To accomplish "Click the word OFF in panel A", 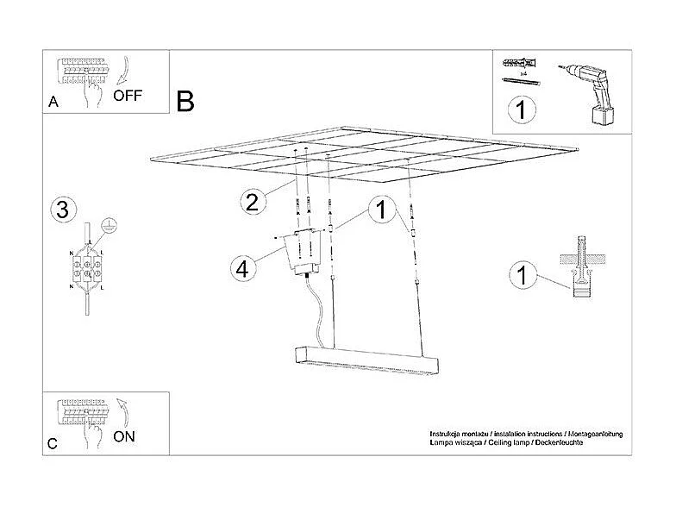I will pyautogui.click(x=128, y=96).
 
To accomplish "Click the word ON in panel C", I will pyautogui.click(x=124, y=436).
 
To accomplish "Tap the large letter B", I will pyautogui.click(x=185, y=101).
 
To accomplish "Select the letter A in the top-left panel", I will pyautogui.click(x=53, y=102).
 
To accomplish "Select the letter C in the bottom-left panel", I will pyautogui.click(x=53, y=444).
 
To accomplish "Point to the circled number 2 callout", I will pyautogui.click(x=251, y=203).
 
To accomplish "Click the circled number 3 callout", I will pyautogui.click(x=60, y=209).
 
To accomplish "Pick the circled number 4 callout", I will pyautogui.click(x=244, y=268).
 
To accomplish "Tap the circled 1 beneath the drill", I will pyautogui.click(x=521, y=110).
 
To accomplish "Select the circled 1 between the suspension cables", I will pyautogui.click(x=378, y=209).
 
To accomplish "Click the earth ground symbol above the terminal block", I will pyautogui.click(x=108, y=225).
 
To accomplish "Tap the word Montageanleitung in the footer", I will pyautogui.click(x=594, y=433).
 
